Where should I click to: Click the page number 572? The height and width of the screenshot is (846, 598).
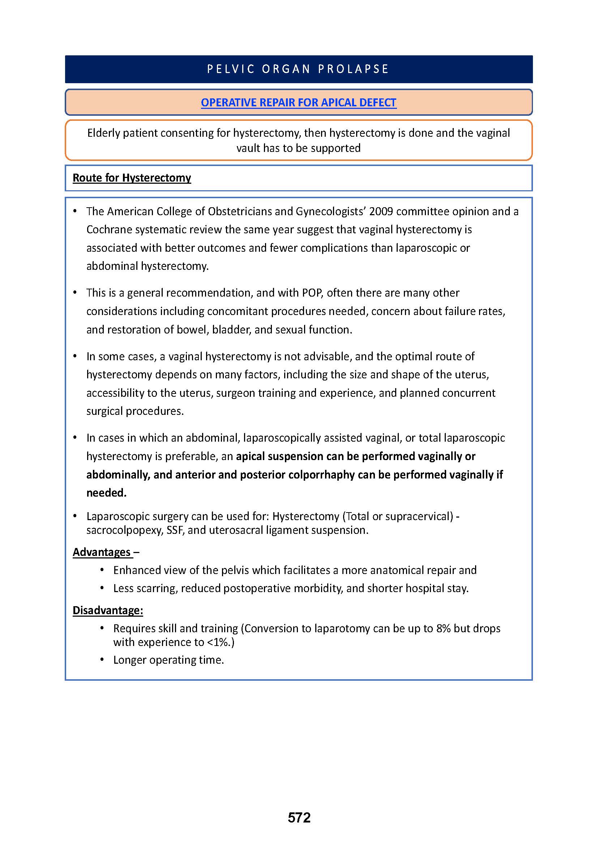click(299, 818)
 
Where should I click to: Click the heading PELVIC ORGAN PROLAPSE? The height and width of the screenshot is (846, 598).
click(298, 69)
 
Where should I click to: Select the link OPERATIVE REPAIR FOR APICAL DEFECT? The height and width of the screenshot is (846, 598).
click(298, 102)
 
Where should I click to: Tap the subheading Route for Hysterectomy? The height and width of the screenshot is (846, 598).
click(132, 178)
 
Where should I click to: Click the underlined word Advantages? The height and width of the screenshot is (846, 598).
click(102, 552)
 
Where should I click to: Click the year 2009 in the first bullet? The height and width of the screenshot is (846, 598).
click(381, 211)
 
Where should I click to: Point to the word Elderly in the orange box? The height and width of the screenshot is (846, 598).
click(103, 133)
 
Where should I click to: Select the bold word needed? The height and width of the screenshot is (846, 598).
click(106, 493)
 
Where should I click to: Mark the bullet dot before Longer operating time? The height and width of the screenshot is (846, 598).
click(102, 660)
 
